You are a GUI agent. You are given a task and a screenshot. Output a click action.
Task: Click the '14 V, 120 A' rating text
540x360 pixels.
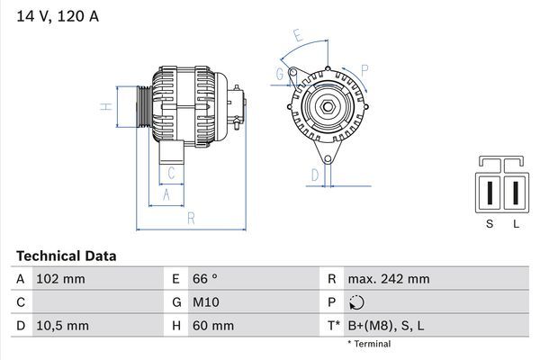click(56, 15)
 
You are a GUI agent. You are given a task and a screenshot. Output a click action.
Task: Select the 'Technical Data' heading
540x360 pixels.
click(66, 256)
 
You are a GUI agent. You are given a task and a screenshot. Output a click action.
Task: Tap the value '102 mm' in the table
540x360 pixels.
click(62, 279)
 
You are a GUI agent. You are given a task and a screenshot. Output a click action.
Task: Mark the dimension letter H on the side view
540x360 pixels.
click(106, 107)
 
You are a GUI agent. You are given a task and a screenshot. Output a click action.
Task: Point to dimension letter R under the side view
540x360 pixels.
click(191, 218)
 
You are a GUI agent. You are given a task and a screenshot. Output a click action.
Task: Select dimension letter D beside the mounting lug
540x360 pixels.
click(315, 174)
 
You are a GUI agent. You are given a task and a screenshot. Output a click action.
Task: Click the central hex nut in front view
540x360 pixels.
click(327, 109)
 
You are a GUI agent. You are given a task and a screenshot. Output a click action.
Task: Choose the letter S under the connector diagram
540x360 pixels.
click(490, 224)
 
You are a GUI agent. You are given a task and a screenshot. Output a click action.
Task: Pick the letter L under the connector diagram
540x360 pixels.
click(516, 224)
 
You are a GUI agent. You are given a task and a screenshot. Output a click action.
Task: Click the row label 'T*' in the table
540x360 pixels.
click(333, 325)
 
